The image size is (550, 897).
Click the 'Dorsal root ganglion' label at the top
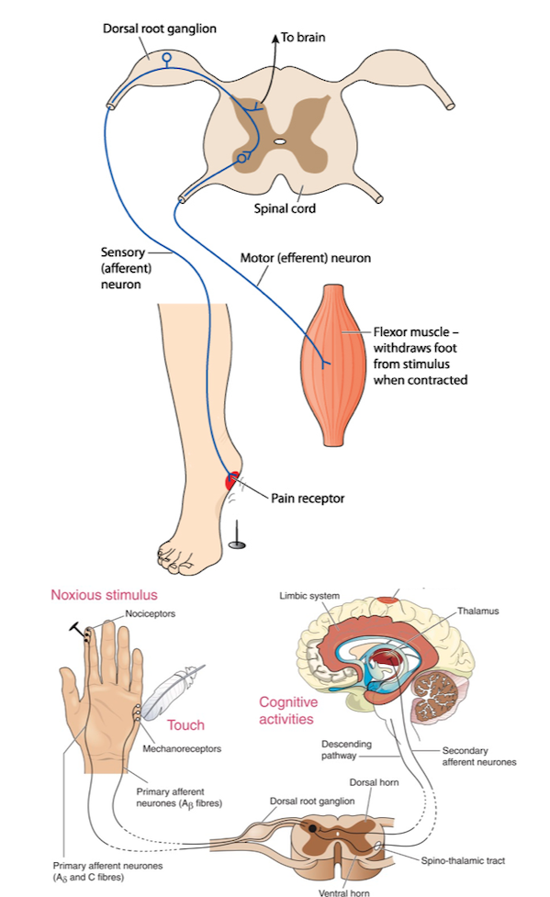point(160,28)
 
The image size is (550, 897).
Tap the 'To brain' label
point(303,38)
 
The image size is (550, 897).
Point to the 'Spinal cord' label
point(285,208)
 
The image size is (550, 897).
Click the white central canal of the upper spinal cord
point(279,140)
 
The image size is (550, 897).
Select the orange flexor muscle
point(333,365)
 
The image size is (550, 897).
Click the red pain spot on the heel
point(231,480)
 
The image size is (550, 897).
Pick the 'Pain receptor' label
point(308,499)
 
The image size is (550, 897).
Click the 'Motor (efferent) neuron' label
point(306,258)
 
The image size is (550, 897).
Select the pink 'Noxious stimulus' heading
point(104,595)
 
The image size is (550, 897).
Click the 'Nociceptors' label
point(151,614)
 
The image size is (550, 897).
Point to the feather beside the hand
point(173,692)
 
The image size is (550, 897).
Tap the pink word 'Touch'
point(185,725)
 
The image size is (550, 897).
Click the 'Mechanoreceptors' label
point(182,749)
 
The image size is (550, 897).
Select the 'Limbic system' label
point(309,596)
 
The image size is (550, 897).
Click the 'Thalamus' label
point(477,611)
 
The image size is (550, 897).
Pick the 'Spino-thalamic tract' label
point(463,860)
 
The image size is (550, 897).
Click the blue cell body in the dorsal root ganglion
point(166,57)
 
